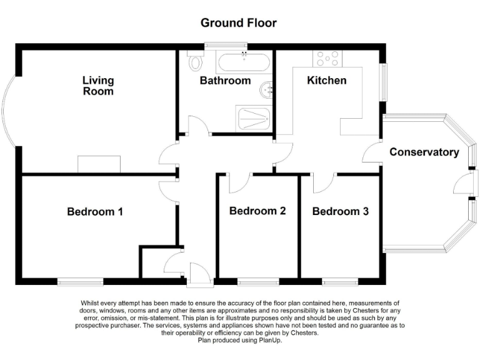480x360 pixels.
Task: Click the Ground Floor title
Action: (x=238, y=23)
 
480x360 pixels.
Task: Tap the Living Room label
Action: (x=98, y=86)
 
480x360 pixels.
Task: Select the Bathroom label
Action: (x=225, y=81)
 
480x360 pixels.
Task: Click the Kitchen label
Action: (x=326, y=81)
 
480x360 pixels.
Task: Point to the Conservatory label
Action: (x=424, y=152)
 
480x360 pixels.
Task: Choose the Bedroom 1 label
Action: (x=94, y=212)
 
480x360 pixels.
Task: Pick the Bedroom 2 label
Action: (x=257, y=211)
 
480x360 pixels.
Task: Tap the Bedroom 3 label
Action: (x=340, y=212)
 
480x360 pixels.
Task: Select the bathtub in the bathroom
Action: (x=244, y=62)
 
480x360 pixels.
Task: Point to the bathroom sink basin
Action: (x=267, y=91)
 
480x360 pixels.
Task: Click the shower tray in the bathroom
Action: (x=254, y=119)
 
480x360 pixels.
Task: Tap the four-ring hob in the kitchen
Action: (x=328, y=59)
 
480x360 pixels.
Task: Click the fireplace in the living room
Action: (x=99, y=164)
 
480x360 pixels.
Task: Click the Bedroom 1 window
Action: (x=81, y=281)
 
